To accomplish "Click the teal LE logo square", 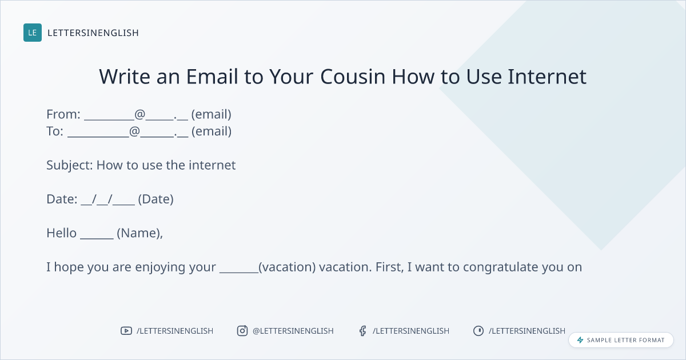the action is pos(33,33).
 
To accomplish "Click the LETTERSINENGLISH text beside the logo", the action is pos(93,33).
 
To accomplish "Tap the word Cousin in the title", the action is pos(353,76).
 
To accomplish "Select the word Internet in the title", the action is pos(547,76).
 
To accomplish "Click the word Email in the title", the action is pos(212,76).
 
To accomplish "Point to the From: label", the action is pos(63,114).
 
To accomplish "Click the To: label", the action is pos(55,131).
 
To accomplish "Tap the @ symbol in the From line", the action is pos(139,114).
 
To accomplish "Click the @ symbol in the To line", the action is pos(134,131).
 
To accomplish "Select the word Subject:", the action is pos(70,166).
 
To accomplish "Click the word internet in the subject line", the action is pos(212,165).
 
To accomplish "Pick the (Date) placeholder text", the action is pos(156,199).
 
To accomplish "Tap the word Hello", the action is pos(62,233).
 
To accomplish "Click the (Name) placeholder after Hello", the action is pos(139,233).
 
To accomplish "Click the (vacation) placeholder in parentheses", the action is pos(287,267).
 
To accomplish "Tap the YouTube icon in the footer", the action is pos(126,331).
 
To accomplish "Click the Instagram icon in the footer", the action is pos(242,331).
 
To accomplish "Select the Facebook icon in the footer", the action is pos(362,331).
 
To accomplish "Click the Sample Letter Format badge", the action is pos(621,340).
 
